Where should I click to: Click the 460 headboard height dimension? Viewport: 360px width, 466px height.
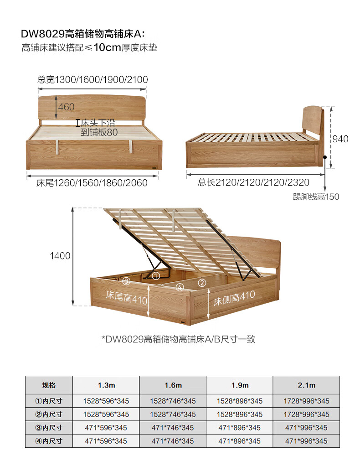pos(66,108)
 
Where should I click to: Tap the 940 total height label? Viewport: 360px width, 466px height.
pos(339,139)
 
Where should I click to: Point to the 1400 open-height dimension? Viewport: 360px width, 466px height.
pos(60,256)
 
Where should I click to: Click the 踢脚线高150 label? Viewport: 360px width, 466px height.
pos(316,197)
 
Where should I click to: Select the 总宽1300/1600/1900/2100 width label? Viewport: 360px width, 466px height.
pos(93,80)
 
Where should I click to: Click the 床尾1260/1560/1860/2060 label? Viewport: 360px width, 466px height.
pos(92,183)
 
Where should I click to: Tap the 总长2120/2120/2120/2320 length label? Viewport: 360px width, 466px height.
pos(253,182)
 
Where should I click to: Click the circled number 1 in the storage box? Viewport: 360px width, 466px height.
pos(155,276)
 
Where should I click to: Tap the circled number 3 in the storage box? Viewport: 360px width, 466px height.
pos(126,280)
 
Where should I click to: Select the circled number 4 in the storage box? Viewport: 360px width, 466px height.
pos(180,287)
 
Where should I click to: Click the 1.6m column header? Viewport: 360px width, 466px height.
pos(173,385)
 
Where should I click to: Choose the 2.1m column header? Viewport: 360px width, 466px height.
pos(306,385)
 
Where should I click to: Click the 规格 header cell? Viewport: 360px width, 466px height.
pos(49,385)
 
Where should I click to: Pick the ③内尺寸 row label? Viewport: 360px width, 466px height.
pos(49,428)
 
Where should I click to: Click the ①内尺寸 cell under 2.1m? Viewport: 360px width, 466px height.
pos(306,401)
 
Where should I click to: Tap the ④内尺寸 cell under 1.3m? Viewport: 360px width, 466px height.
pos(106,441)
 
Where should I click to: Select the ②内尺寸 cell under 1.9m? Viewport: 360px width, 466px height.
pos(240,414)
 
